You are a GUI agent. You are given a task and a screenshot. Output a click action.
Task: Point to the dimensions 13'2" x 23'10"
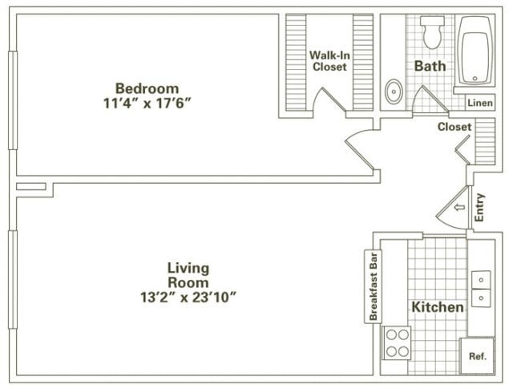188,298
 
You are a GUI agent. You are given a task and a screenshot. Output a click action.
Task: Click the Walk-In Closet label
329,61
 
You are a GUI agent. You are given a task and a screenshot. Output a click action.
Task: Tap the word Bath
429,66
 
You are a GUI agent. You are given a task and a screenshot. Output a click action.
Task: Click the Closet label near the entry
454,127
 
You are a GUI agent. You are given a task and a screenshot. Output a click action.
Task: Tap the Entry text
479,208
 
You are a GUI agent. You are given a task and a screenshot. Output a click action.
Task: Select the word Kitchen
437,307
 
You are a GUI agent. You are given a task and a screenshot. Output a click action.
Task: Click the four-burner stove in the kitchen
396,343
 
